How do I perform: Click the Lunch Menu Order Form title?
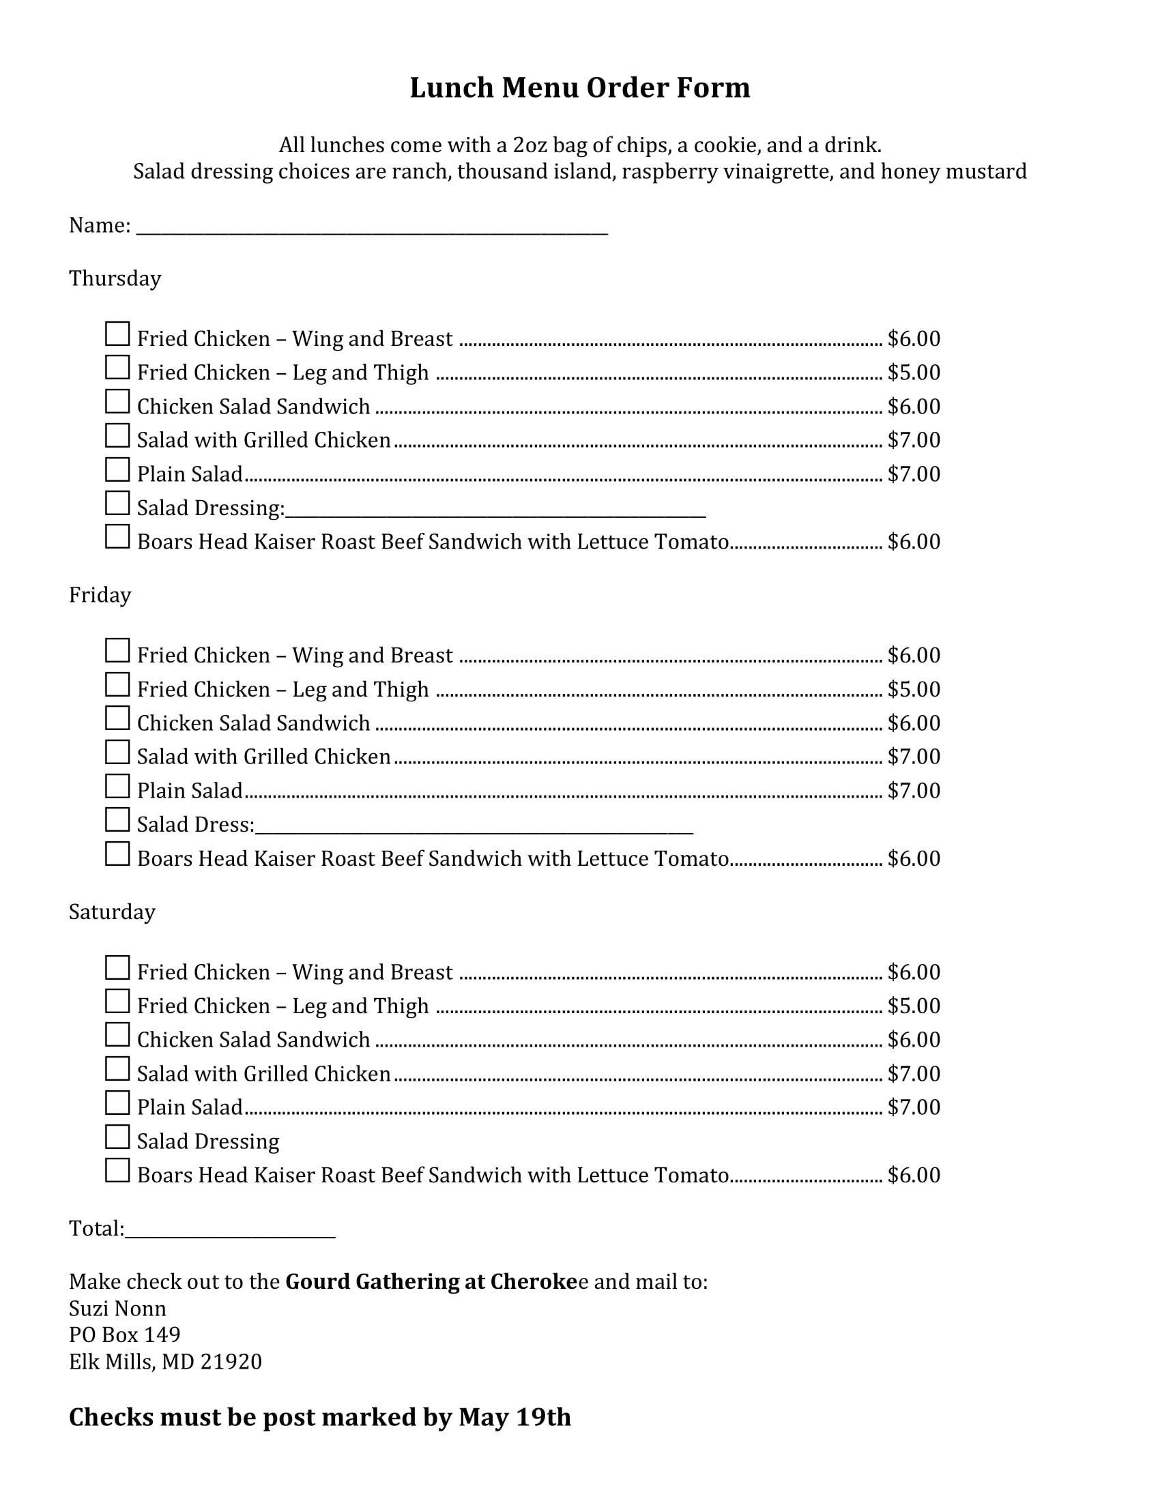pos(579,88)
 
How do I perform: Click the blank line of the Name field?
pos(372,229)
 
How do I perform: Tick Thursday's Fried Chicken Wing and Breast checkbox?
pos(117,334)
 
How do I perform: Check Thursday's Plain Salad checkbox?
pos(117,469)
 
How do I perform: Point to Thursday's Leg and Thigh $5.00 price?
pos(913,373)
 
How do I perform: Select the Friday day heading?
pos(100,594)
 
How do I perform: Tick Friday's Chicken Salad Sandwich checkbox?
pos(117,718)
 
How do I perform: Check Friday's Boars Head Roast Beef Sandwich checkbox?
pos(117,854)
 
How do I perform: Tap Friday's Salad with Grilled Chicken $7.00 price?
pos(913,757)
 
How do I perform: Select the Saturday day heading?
pos(112,912)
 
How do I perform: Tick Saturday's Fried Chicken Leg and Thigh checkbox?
pos(117,1002)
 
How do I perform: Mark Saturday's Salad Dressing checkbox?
pos(117,1137)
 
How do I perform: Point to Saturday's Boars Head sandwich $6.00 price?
pos(913,1175)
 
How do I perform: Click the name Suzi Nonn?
pos(117,1308)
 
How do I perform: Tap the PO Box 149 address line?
pos(124,1335)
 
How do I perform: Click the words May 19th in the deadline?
pos(514,1417)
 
